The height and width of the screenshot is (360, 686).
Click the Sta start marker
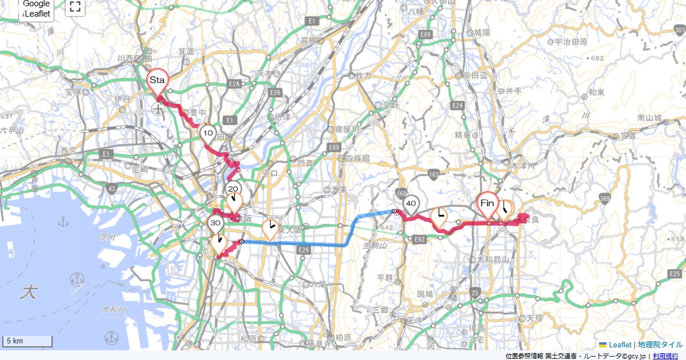[x=157, y=81]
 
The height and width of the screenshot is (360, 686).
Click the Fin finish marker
[x=487, y=203]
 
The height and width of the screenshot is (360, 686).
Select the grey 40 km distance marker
[x=410, y=203]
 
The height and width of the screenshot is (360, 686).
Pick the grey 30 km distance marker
[x=215, y=223]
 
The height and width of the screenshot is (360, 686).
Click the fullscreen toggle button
[x=74, y=7]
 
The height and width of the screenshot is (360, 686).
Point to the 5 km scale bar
[x=27, y=341]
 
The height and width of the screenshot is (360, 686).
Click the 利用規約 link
[x=667, y=356]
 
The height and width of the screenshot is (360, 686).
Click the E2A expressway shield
[x=234, y=84]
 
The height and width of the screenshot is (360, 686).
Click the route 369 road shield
[x=604, y=198]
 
